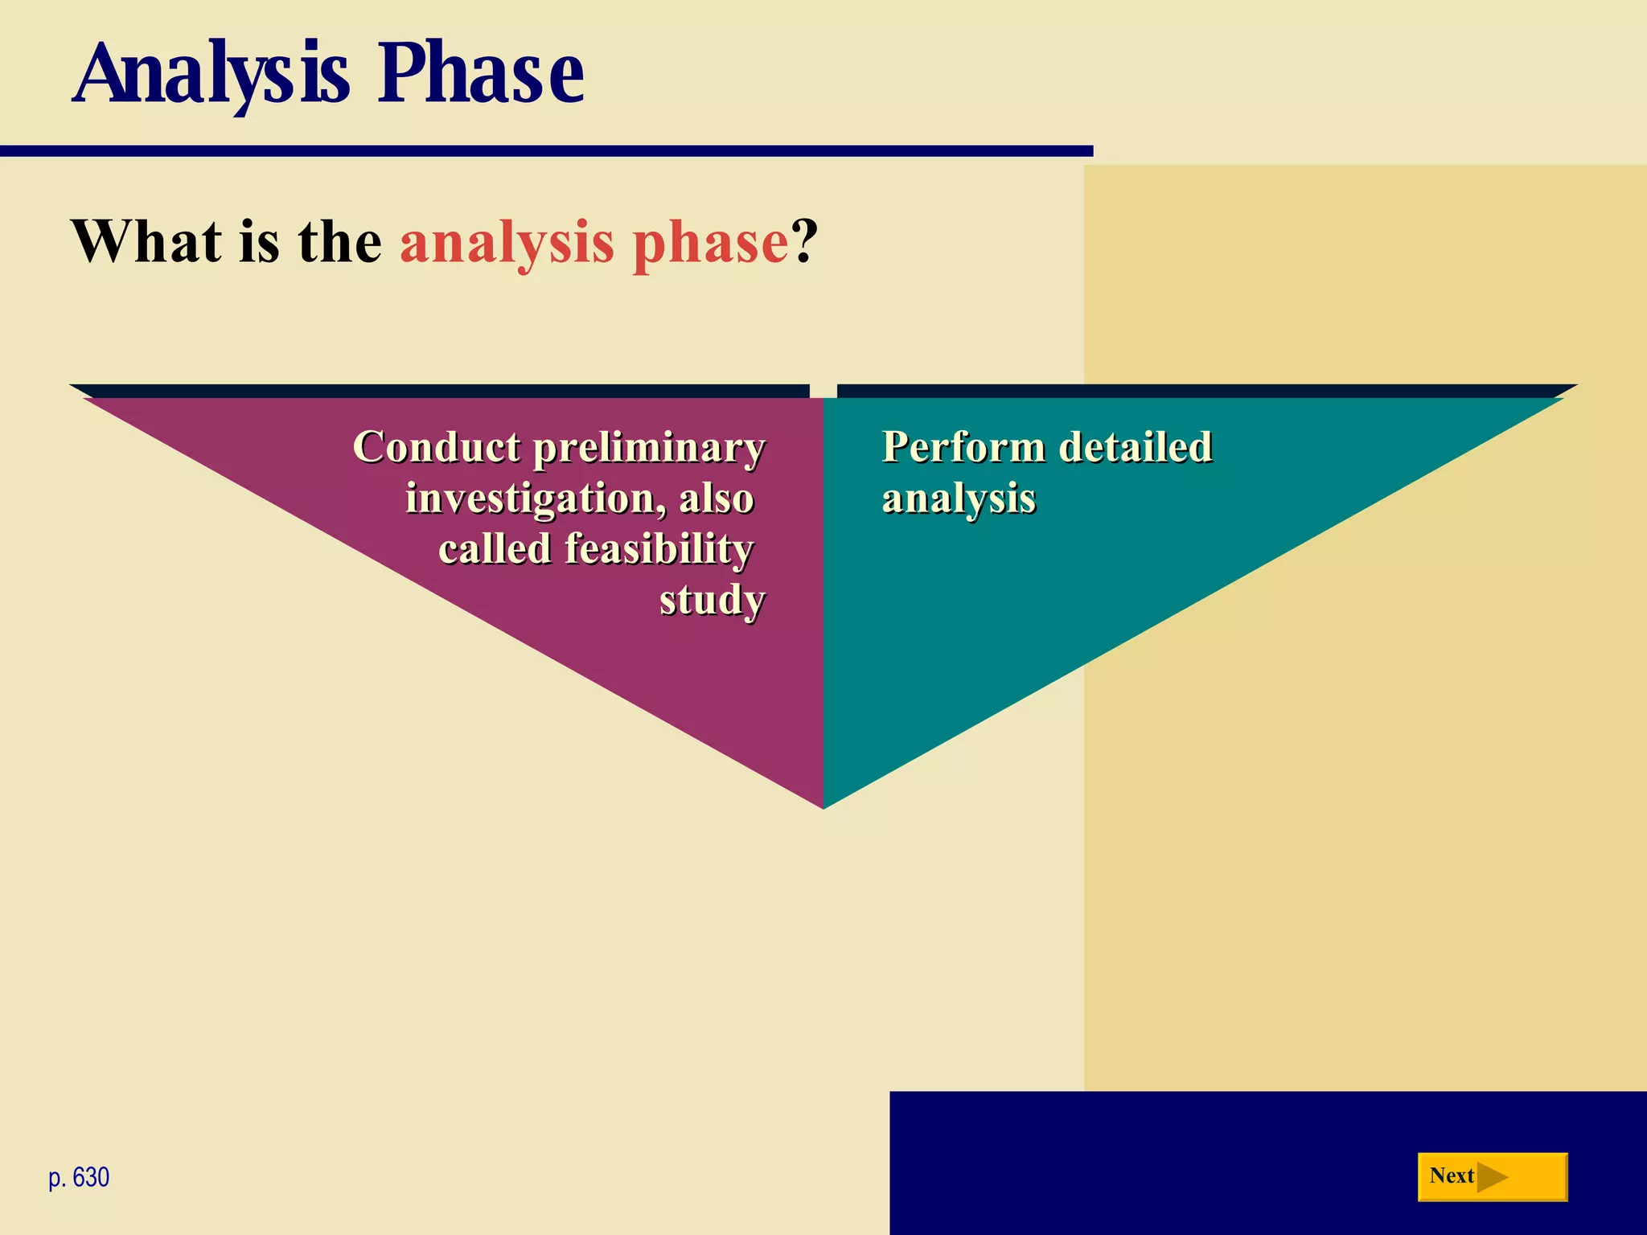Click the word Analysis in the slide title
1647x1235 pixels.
pos(211,74)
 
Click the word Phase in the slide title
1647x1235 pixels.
pos(481,74)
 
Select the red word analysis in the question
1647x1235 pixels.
pos(507,243)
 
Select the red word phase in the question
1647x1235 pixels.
pos(710,243)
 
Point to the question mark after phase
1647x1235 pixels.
pos(805,241)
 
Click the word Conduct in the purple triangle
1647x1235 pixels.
pos(437,447)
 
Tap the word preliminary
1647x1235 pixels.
pos(649,449)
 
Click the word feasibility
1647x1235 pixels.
pos(659,549)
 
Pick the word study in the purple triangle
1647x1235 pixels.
pos(712,601)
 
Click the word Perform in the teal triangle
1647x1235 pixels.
pos(963,447)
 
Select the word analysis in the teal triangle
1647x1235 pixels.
pos(959,499)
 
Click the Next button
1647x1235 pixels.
pos(1492,1176)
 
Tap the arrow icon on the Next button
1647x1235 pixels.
pos(1492,1177)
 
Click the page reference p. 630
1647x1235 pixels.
pos(79,1177)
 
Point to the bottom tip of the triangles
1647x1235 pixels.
pos(823,804)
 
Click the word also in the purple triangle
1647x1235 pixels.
pos(717,499)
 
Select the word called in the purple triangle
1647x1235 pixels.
pos(495,549)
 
